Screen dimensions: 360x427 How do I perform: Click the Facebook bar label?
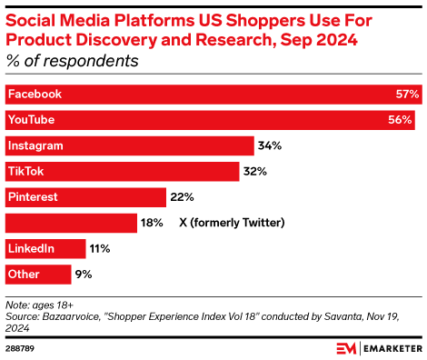(x=35, y=95)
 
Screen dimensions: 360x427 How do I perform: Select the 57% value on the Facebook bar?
(x=407, y=95)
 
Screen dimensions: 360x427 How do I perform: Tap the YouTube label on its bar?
(x=32, y=120)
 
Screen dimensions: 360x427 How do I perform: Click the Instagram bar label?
(x=36, y=145)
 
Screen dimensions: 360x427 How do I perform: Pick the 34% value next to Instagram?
(x=270, y=145)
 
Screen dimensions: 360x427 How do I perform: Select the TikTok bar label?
(x=25, y=171)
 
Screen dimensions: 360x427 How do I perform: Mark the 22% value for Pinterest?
(x=182, y=196)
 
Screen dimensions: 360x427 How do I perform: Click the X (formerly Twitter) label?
(x=233, y=223)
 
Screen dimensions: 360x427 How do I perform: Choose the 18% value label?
(x=152, y=223)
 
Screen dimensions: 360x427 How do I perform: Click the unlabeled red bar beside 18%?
(x=71, y=223)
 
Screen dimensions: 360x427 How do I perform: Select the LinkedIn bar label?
(x=32, y=248)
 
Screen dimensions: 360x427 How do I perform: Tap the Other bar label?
(x=25, y=274)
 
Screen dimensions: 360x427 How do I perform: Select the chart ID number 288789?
(x=21, y=347)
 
